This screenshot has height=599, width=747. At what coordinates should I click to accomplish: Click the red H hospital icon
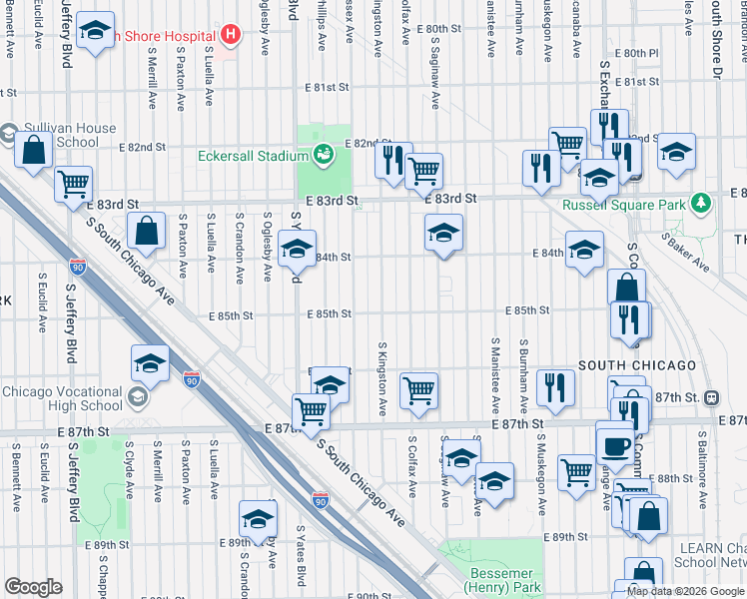pos(232,36)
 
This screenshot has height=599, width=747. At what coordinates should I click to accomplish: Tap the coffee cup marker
pos(615,441)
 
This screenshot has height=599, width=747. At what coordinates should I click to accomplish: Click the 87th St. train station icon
pos(711,397)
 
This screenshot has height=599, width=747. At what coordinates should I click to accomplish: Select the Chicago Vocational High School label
pos(62,398)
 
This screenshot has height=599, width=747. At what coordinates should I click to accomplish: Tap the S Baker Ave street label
pos(685,254)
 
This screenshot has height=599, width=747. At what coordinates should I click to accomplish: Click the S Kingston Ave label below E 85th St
pos(381,379)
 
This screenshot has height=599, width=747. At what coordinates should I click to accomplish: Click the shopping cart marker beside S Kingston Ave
pos(419,390)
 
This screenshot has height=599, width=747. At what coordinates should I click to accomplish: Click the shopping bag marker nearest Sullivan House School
pos(34,152)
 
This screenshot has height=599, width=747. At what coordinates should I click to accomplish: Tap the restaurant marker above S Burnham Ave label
pos(556,387)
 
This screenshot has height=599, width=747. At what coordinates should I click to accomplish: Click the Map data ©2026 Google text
pos(685,591)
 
